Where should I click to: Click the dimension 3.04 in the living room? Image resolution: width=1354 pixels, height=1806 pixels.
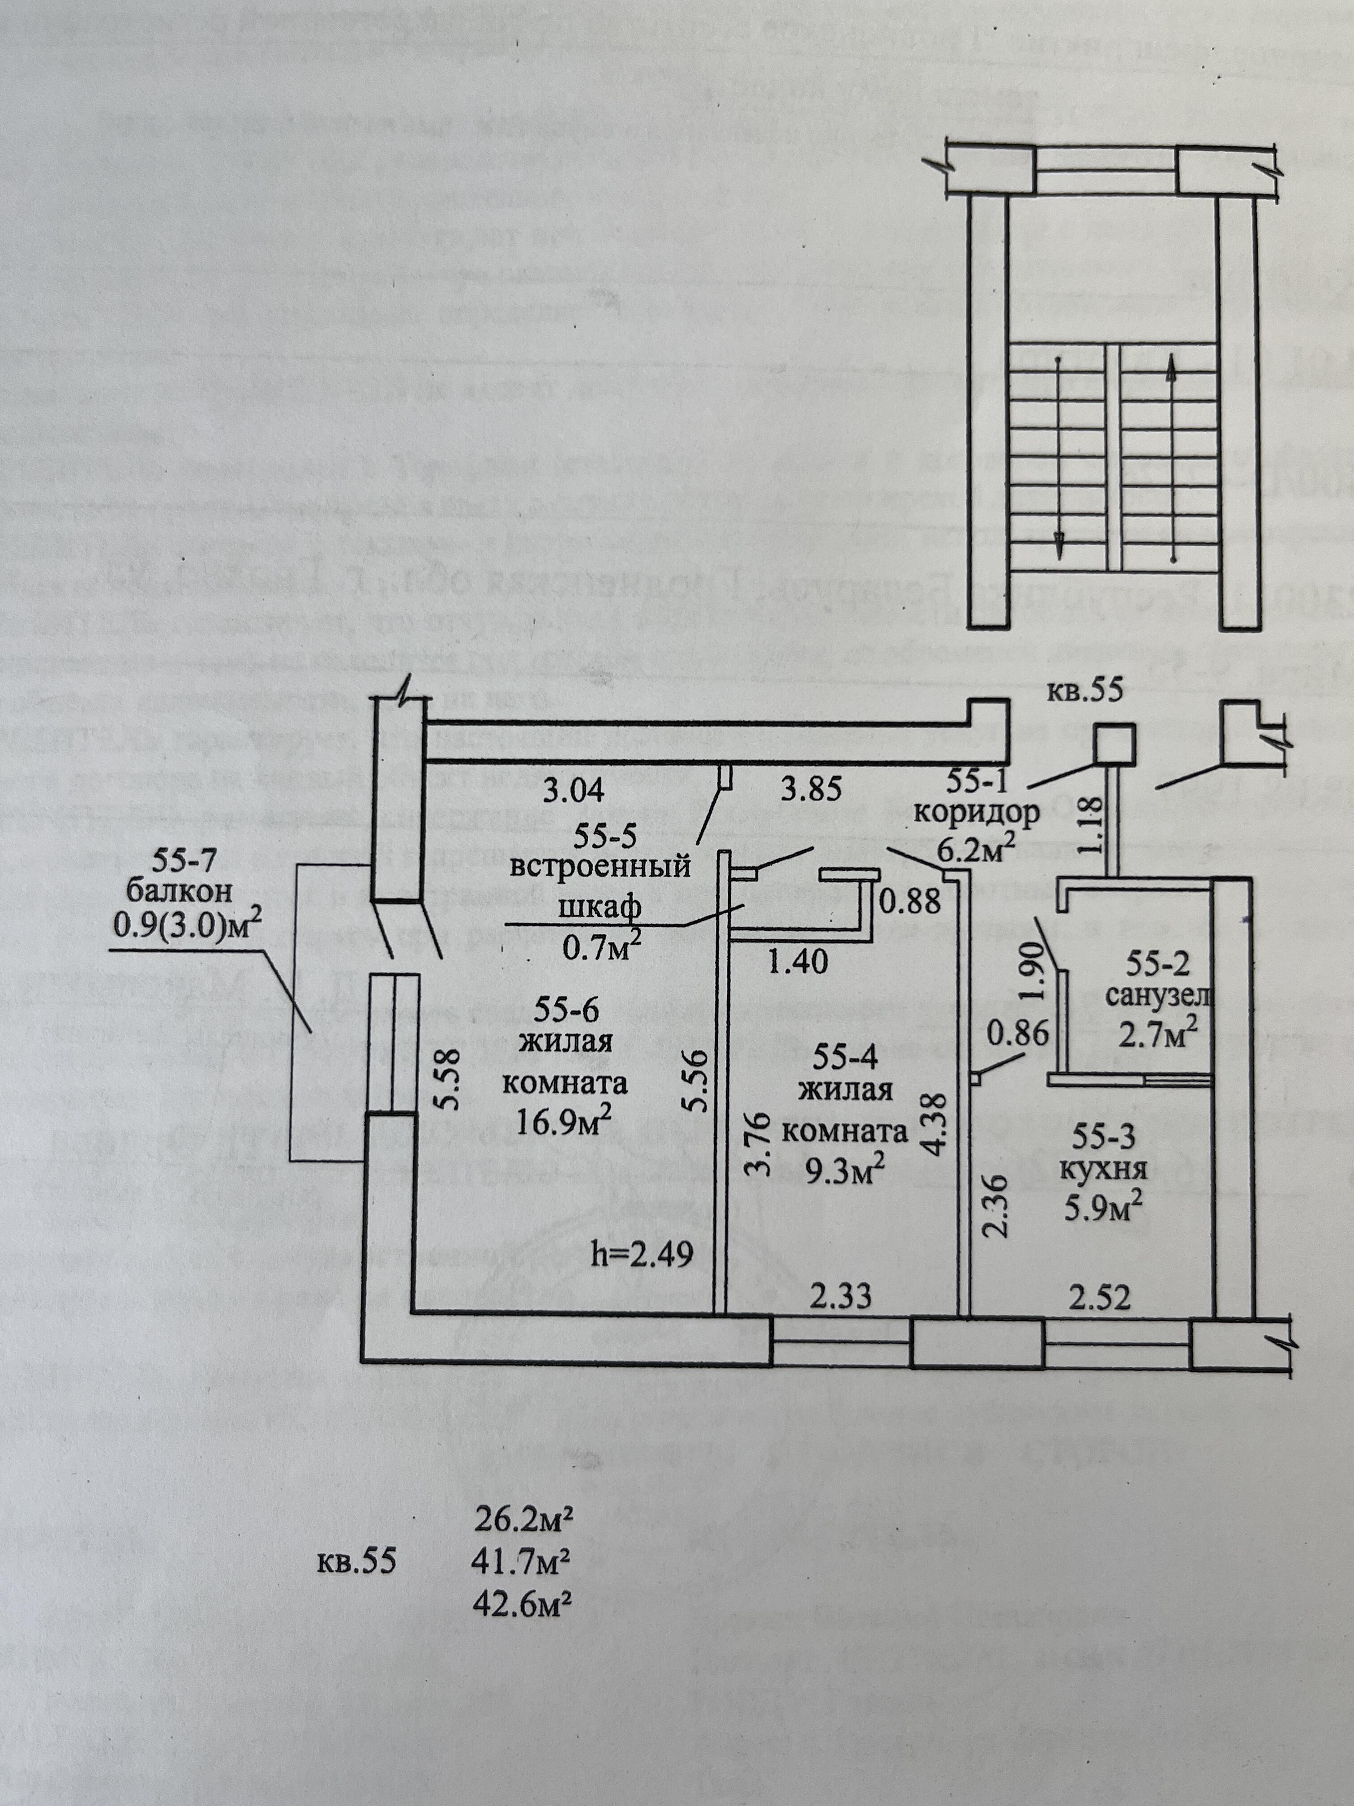pyautogui.click(x=574, y=790)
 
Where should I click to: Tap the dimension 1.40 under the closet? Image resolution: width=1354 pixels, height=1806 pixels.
pyautogui.click(x=798, y=961)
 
